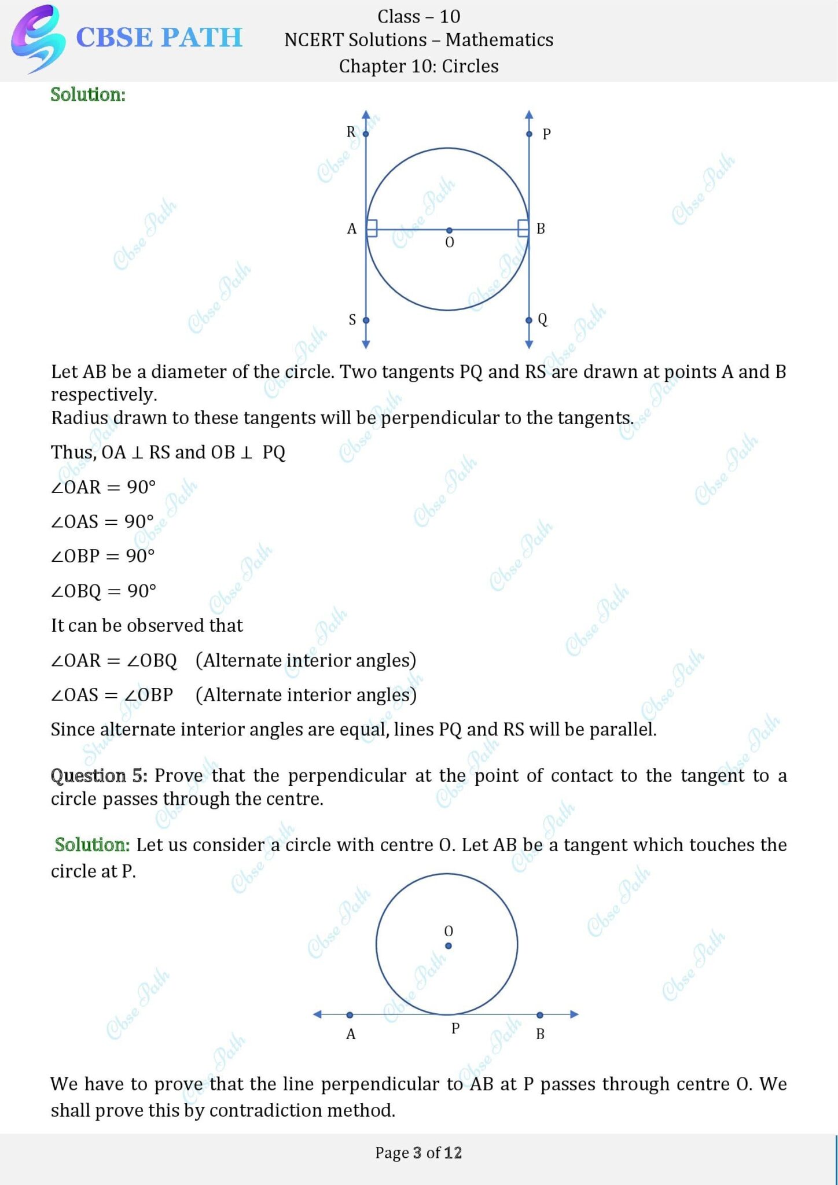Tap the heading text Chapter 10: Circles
[418, 66]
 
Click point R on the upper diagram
[366, 134]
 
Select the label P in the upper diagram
[546, 134]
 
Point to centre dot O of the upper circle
[449, 230]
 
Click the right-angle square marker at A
[372, 229]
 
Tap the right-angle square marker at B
[523, 229]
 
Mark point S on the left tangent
[366, 320]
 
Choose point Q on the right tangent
[529, 320]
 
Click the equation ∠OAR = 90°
[104, 487]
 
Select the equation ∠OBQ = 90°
[104, 591]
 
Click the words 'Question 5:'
[99, 775]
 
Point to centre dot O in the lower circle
[449, 946]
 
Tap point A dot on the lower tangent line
[350, 1015]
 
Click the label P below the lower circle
[455, 1028]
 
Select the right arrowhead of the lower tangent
[574, 1014]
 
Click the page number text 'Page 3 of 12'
[418, 1153]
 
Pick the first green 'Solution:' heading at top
[88, 94]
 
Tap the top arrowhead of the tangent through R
[366, 115]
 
